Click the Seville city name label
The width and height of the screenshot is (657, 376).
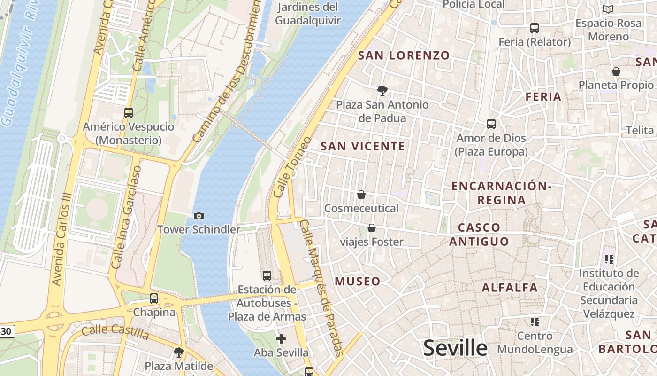click(x=455, y=348)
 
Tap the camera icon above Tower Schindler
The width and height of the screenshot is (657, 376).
click(x=199, y=216)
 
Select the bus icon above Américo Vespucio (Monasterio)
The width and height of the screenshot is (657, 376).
click(x=129, y=113)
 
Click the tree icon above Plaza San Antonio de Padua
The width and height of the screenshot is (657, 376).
click(x=382, y=90)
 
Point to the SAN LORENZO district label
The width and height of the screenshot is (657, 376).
click(x=404, y=55)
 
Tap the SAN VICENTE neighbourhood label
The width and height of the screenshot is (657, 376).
click(x=363, y=146)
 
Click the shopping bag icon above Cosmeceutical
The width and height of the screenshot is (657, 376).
click(x=361, y=195)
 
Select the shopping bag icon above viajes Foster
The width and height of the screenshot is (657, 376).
click(x=372, y=228)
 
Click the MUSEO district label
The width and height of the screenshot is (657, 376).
click(x=358, y=282)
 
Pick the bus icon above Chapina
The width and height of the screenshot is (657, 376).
click(x=154, y=298)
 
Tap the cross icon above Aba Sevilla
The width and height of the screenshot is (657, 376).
click(x=281, y=338)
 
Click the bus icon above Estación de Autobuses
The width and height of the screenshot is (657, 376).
click(x=267, y=276)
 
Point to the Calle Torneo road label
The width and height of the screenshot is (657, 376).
click(x=292, y=167)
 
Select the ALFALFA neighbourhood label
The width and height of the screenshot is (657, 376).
click(x=510, y=288)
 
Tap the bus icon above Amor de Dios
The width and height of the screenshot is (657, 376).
click(x=491, y=124)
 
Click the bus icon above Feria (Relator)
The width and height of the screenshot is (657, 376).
click(x=535, y=28)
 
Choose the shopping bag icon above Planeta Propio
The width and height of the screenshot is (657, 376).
click(x=616, y=71)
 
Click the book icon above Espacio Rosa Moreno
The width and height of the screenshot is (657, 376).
click(x=608, y=9)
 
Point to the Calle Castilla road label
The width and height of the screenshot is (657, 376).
click(x=115, y=332)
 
